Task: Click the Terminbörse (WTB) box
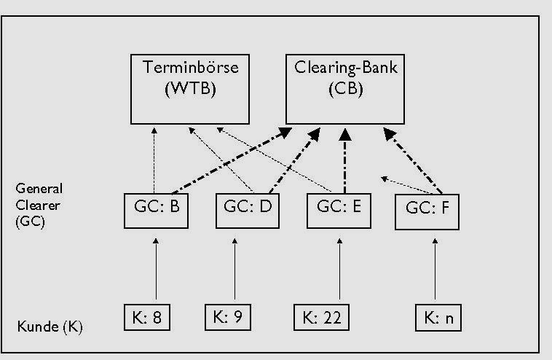tap(191, 87)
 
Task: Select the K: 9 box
tap(231, 317)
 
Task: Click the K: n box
tap(439, 318)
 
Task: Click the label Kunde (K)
tap(50, 326)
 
